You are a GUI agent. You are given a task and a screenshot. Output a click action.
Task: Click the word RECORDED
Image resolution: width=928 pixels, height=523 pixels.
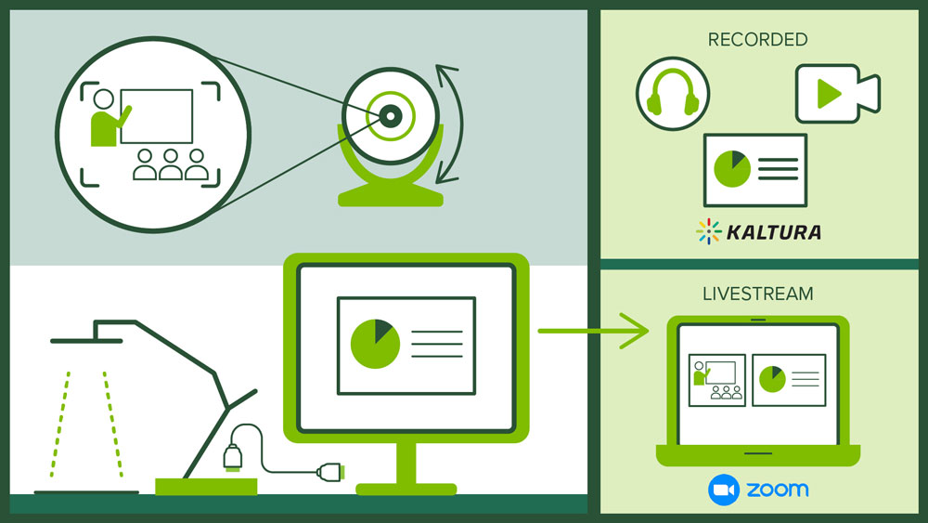pos(757,40)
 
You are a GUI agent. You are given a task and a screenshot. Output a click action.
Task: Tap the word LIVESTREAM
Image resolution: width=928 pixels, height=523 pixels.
pos(757,294)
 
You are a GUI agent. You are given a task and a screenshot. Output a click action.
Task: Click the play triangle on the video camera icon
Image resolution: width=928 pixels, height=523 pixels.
pos(829,93)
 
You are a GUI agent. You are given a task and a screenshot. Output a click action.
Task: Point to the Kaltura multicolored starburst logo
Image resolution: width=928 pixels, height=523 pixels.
pos(709,231)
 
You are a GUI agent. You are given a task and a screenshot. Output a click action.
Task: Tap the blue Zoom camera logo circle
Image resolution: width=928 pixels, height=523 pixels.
pos(722,490)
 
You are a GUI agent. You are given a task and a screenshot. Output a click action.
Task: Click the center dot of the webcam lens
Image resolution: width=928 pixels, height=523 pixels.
pos(391,116)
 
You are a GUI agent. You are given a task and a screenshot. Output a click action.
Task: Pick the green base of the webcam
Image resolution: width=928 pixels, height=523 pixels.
pos(390,196)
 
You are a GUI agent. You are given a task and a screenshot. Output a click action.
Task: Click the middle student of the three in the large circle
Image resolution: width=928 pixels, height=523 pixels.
pos(170,165)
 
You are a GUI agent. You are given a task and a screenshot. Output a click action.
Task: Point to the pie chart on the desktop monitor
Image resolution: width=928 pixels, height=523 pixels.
pos(375,343)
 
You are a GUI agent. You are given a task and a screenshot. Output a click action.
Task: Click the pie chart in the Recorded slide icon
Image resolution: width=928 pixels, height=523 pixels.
pos(731,168)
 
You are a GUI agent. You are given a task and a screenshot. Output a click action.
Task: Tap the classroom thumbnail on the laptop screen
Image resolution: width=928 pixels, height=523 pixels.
pos(715,380)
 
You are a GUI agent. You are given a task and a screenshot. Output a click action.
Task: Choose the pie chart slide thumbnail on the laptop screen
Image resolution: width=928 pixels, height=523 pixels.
pos(788,379)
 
